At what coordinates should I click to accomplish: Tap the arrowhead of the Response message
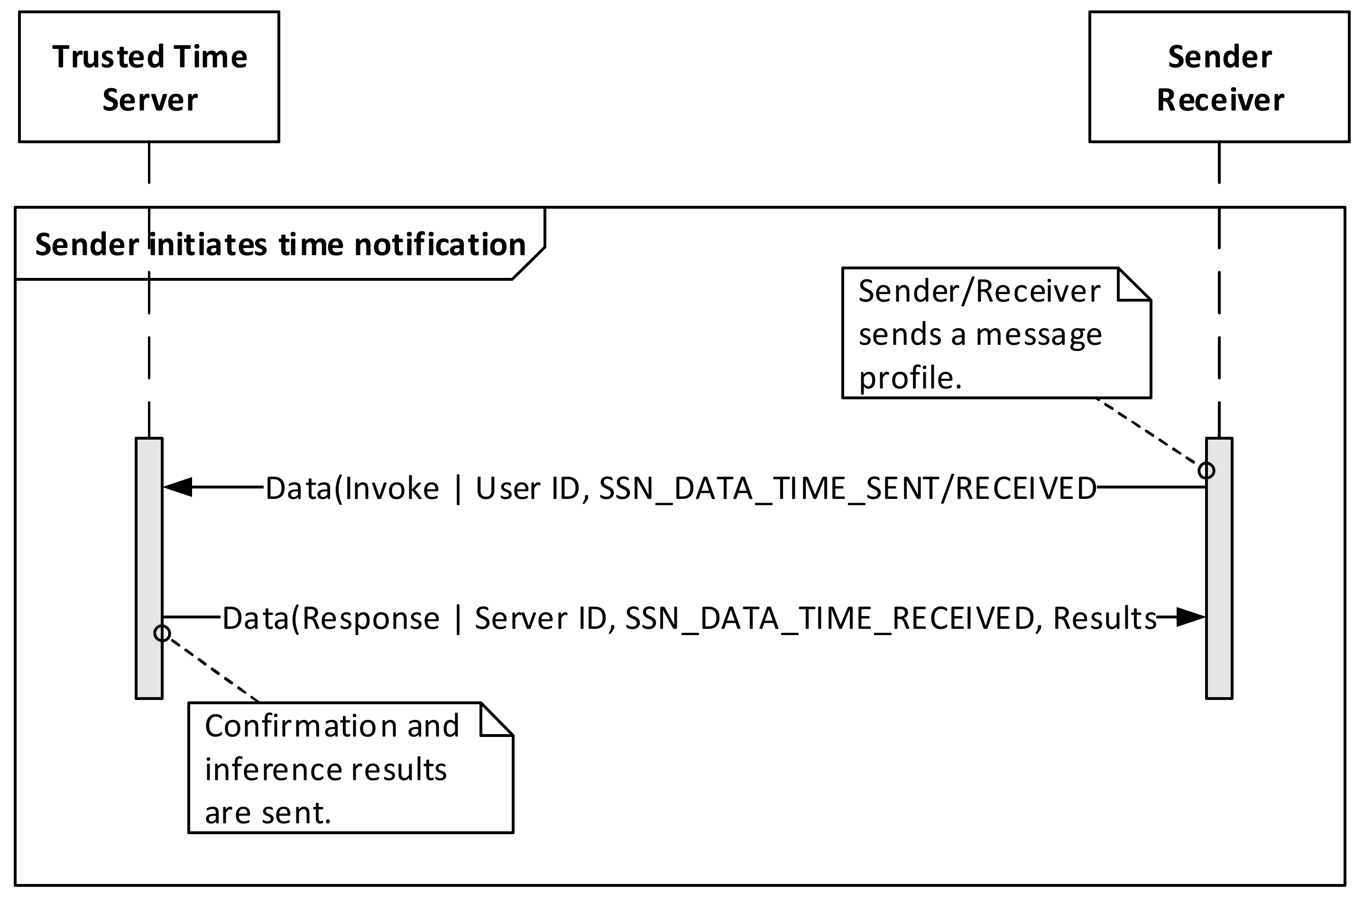pos(1190,617)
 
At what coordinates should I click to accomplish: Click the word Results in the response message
pos(1104,618)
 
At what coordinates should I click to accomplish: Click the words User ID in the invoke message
pos(528,488)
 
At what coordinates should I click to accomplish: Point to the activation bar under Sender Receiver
pos(1219,570)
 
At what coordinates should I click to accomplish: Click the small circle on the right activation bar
pos(1206,470)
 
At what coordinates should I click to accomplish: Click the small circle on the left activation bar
pos(162,634)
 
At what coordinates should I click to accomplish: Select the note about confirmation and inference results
pos(350,768)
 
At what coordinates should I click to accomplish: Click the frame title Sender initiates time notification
pos(280,245)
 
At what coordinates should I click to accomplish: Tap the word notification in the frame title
pos(440,245)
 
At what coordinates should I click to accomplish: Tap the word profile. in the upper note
pos(910,378)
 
